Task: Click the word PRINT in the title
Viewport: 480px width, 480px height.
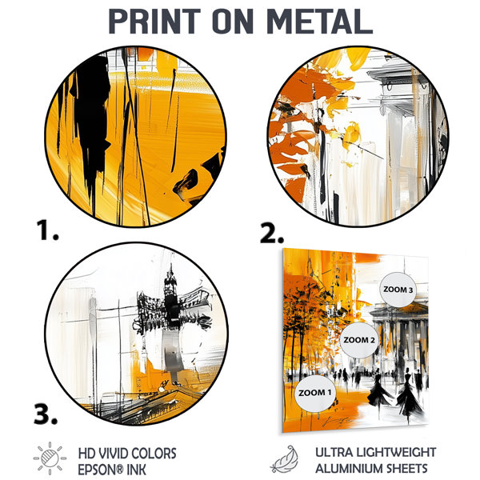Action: pos(154,22)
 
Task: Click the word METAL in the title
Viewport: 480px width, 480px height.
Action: pos(319,22)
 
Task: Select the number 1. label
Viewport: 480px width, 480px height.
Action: pos(47,230)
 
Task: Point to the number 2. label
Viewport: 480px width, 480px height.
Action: pos(271,234)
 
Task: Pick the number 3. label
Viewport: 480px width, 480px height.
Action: pos(46,414)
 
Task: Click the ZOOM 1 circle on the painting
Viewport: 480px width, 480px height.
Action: pos(315,393)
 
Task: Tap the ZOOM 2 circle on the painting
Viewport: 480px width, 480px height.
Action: pos(358,340)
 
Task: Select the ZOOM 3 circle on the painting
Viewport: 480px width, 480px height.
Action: pos(398,290)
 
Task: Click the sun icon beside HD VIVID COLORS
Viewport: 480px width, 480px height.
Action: pos(50,458)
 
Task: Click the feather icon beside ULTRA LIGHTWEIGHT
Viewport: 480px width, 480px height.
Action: pos(284,459)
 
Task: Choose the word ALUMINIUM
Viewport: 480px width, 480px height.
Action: pos(345,469)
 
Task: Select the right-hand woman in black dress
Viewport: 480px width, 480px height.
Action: pos(409,395)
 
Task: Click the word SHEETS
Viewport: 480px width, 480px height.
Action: pos(402,469)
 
